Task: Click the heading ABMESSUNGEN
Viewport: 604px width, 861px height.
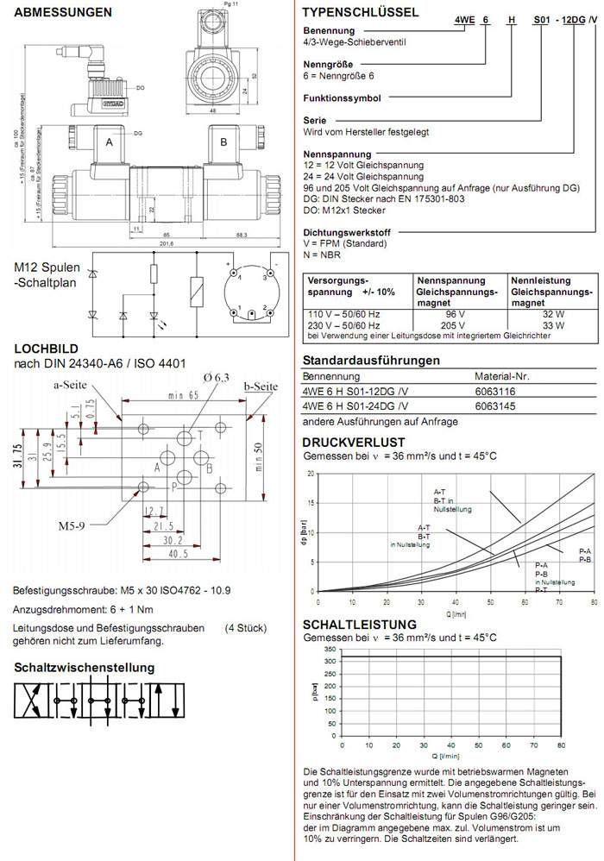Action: [x=63, y=13]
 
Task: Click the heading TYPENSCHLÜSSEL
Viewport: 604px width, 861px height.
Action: [x=361, y=13]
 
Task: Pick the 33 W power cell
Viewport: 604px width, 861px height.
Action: [x=532, y=326]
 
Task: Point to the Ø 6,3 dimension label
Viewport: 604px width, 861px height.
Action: [x=192, y=378]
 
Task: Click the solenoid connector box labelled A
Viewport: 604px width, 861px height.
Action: [x=110, y=141]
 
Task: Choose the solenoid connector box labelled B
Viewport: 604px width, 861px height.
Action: [x=223, y=141]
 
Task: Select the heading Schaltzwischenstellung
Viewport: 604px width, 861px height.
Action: [x=85, y=667]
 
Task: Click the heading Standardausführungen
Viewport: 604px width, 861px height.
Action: [x=371, y=360]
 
